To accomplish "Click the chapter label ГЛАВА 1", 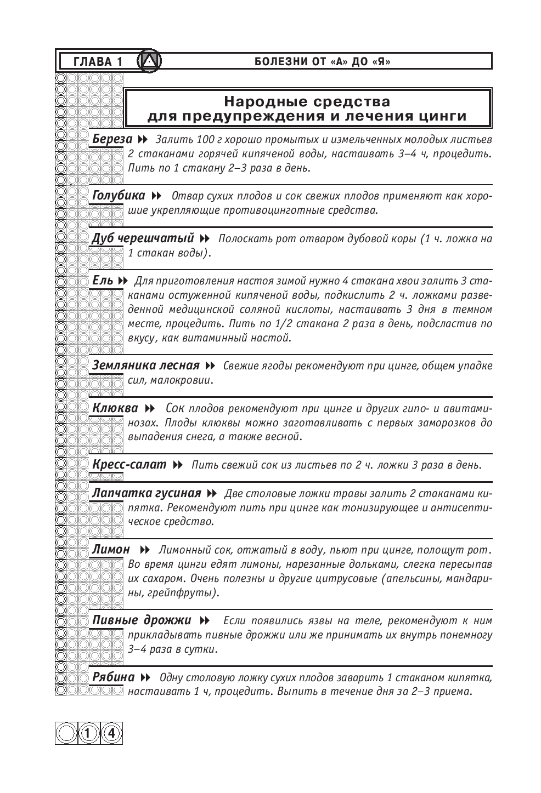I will pos(98,62).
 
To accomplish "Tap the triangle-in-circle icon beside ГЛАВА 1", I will pos(149,61).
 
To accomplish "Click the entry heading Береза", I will pos(112,139).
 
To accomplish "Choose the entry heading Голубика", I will pos(119,196).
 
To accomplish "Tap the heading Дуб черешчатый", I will pos(143,238).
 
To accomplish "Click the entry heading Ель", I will pos(103,281).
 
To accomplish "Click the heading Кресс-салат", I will pos(129,465).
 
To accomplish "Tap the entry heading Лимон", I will pos(111,550).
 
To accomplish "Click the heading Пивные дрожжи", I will pos(142,620).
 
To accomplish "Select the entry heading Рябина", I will pos(113,677).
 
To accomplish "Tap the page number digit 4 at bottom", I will pos(111,733).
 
